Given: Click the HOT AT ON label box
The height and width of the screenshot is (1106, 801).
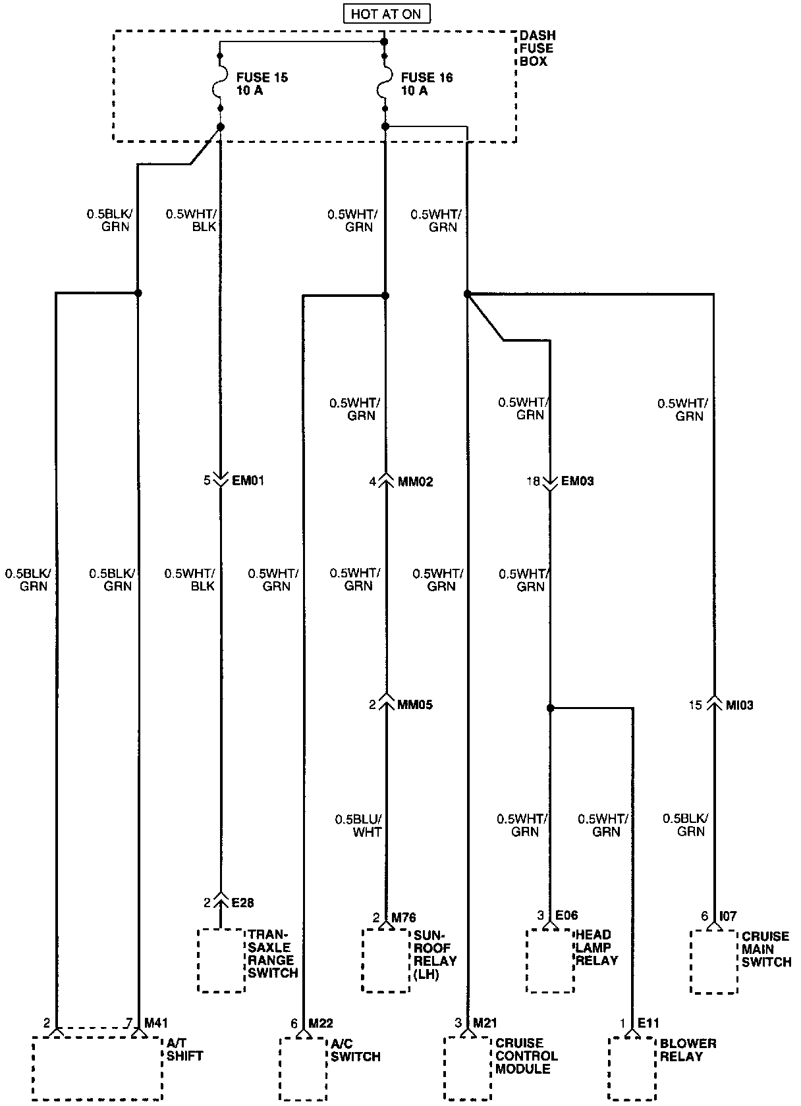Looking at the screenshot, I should pos(385,14).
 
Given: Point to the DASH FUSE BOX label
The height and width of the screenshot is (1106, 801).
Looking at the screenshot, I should pos(536,48).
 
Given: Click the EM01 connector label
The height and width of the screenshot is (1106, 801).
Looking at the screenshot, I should pos(248,481).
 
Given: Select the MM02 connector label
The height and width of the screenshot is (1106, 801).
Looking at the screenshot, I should pos(416,481).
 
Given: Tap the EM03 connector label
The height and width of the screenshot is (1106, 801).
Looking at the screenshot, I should pos(577,481).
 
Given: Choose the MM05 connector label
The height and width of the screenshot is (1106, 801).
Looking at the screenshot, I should pos(415,705).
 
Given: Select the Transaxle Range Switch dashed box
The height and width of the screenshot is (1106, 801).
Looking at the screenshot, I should pos(221,961).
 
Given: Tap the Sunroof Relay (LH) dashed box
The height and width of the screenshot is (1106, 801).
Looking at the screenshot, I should pos(385,961).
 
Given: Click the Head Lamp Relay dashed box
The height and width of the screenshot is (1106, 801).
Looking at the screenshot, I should pos(550,961).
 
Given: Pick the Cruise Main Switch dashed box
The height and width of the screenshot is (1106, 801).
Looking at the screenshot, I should pos(714,962).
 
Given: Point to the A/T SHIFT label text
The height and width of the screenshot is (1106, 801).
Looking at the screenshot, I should pos(184,1049).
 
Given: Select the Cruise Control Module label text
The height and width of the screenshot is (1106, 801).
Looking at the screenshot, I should pos(526,1056).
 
